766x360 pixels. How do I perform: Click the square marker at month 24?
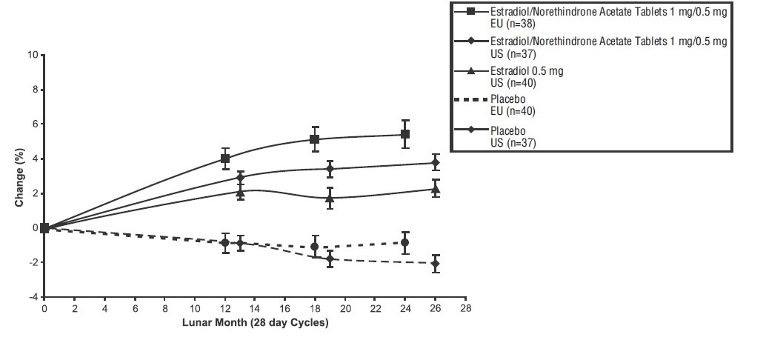[x=405, y=134]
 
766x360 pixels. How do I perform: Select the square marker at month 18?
[x=315, y=139]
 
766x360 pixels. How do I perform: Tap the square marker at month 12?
[x=225, y=159]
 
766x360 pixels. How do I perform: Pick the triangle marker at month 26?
[x=435, y=189]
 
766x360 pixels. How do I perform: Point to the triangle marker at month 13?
[x=240, y=193]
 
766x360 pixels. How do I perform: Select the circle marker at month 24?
[x=404, y=242]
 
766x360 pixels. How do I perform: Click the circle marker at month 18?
[x=315, y=247]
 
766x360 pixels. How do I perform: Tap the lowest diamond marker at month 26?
[x=435, y=264]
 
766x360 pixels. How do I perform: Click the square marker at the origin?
[x=44, y=228]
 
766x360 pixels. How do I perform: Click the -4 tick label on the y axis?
[x=32, y=297]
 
